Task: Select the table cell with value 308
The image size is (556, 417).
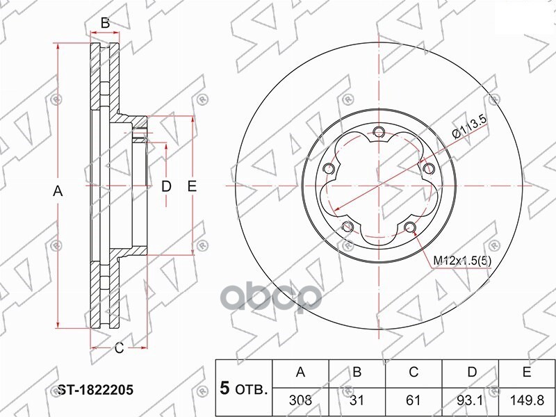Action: click(x=300, y=401)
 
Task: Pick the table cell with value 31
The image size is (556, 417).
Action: click(x=357, y=401)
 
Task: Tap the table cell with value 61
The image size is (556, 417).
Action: click(x=414, y=401)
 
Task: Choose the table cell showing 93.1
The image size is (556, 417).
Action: click(x=471, y=401)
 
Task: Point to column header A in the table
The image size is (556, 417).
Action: click(x=300, y=373)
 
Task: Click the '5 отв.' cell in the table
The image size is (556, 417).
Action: click(x=243, y=387)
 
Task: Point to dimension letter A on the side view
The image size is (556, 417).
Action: click(x=58, y=191)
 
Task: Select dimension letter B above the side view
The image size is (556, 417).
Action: click(x=105, y=24)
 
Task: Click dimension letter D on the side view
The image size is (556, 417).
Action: click(x=166, y=186)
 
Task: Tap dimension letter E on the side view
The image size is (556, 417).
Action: click(x=193, y=186)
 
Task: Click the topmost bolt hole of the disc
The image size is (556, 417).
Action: click(x=378, y=133)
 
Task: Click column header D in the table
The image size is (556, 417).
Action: click(x=471, y=373)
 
